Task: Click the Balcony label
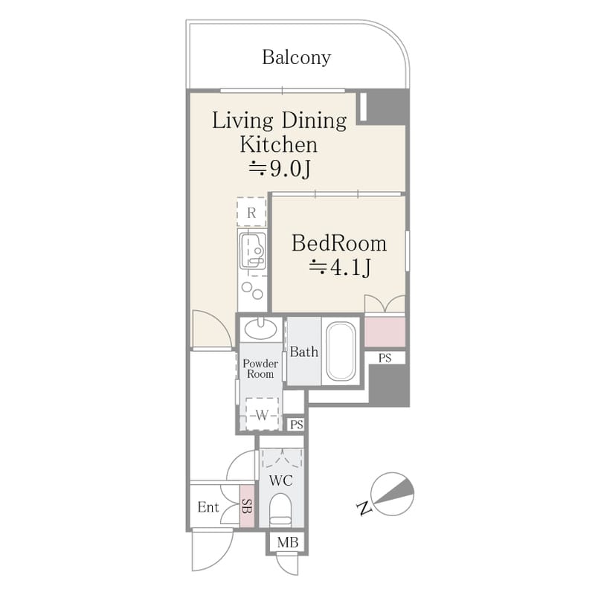(296, 57)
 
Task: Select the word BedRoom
(339, 243)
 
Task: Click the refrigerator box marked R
(251, 213)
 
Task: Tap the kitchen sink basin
(253, 251)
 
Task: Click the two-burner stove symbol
(252, 291)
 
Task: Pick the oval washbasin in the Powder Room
(260, 329)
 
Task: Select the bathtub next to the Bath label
(341, 351)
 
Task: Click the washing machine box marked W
(262, 414)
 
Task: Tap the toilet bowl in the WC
(280, 509)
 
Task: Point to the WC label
(281, 480)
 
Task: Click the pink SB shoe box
(247, 506)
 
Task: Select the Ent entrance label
(208, 507)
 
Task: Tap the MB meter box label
(288, 543)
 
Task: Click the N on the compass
(364, 508)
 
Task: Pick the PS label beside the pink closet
(385, 358)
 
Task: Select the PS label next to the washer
(297, 425)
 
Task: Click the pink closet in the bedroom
(385, 332)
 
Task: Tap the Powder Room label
(260, 368)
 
